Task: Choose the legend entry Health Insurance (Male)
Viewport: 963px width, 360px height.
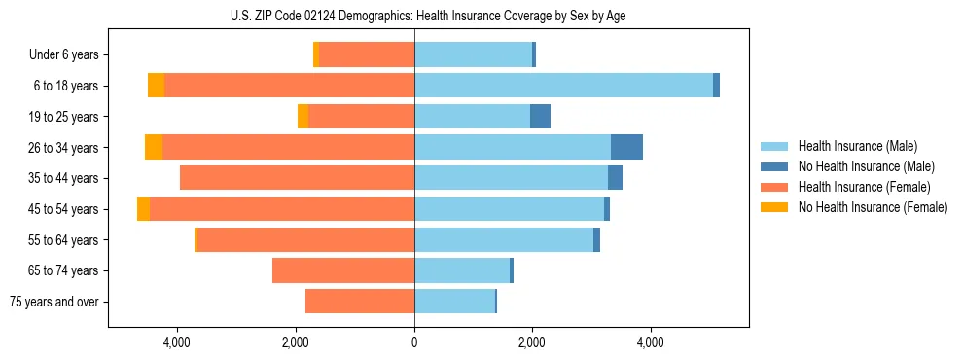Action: [857, 146]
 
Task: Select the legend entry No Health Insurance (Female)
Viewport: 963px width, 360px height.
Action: [873, 207]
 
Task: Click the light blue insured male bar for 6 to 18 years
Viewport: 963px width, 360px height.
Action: [564, 86]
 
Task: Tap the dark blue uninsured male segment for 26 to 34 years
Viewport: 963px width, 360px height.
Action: [626, 147]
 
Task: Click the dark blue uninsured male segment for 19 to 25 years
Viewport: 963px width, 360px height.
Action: [540, 117]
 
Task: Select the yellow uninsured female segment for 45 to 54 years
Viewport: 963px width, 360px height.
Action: [143, 209]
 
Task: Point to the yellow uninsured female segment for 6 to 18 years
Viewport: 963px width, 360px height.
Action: [156, 86]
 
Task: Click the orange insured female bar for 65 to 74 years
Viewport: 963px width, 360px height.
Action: [343, 270]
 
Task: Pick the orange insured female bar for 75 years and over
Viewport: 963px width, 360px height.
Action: [360, 302]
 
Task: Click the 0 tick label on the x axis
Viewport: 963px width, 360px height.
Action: [414, 342]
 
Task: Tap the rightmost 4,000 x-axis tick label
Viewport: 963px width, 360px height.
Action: [650, 342]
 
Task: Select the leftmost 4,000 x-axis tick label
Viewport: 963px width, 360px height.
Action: [177, 342]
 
